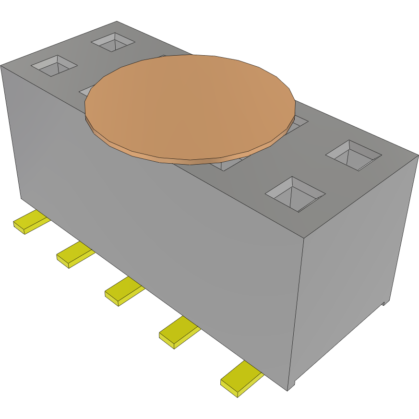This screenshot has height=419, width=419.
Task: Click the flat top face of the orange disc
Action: coord(190,103)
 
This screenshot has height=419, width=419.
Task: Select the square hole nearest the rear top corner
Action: coord(113,42)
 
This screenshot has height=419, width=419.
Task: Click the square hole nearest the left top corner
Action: coord(54,65)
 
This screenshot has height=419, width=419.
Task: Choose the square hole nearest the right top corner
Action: coord(354,155)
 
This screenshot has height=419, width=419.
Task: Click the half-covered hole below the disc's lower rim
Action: coord(226,164)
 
